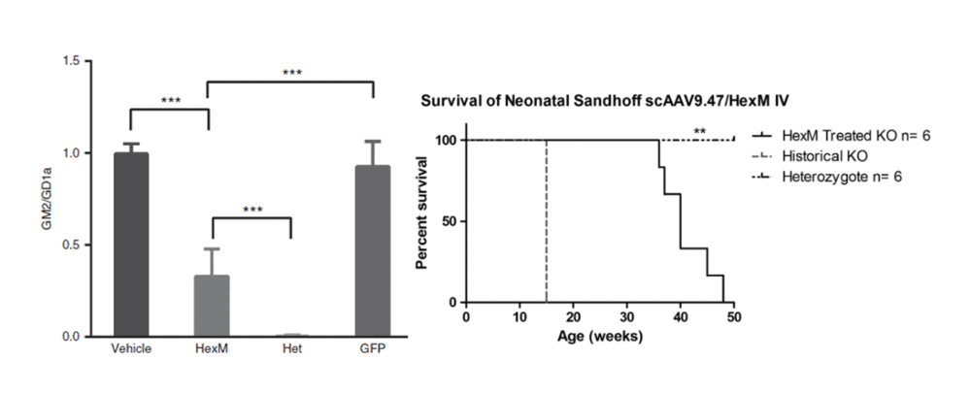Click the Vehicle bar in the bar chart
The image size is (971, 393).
pyautogui.click(x=131, y=245)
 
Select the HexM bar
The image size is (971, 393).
pyautogui.click(x=212, y=306)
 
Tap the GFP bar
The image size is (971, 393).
pyautogui.click(x=373, y=250)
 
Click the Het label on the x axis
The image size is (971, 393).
pyautogui.click(x=292, y=349)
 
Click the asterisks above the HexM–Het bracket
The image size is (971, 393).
pyautogui.click(x=252, y=210)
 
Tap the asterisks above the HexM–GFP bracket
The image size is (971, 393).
pyautogui.click(x=291, y=73)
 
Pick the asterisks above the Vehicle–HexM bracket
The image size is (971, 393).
pyautogui.click(x=171, y=100)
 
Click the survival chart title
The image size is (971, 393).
pyautogui.click(x=605, y=101)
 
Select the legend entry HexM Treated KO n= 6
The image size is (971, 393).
pyautogui.click(x=841, y=136)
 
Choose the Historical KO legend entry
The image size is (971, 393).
pyautogui.click(x=810, y=156)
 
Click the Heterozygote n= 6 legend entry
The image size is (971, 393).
pyautogui.click(x=826, y=177)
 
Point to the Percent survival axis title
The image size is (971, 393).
pyautogui.click(x=423, y=213)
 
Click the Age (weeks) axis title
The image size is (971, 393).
pyautogui.click(x=600, y=337)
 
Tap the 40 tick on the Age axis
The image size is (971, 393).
pyautogui.click(x=681, y=317)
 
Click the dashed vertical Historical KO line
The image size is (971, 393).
pyautogui.click(x=546, y=221)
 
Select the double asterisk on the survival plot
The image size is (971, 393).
pyautogui.click(x=700, y=132)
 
